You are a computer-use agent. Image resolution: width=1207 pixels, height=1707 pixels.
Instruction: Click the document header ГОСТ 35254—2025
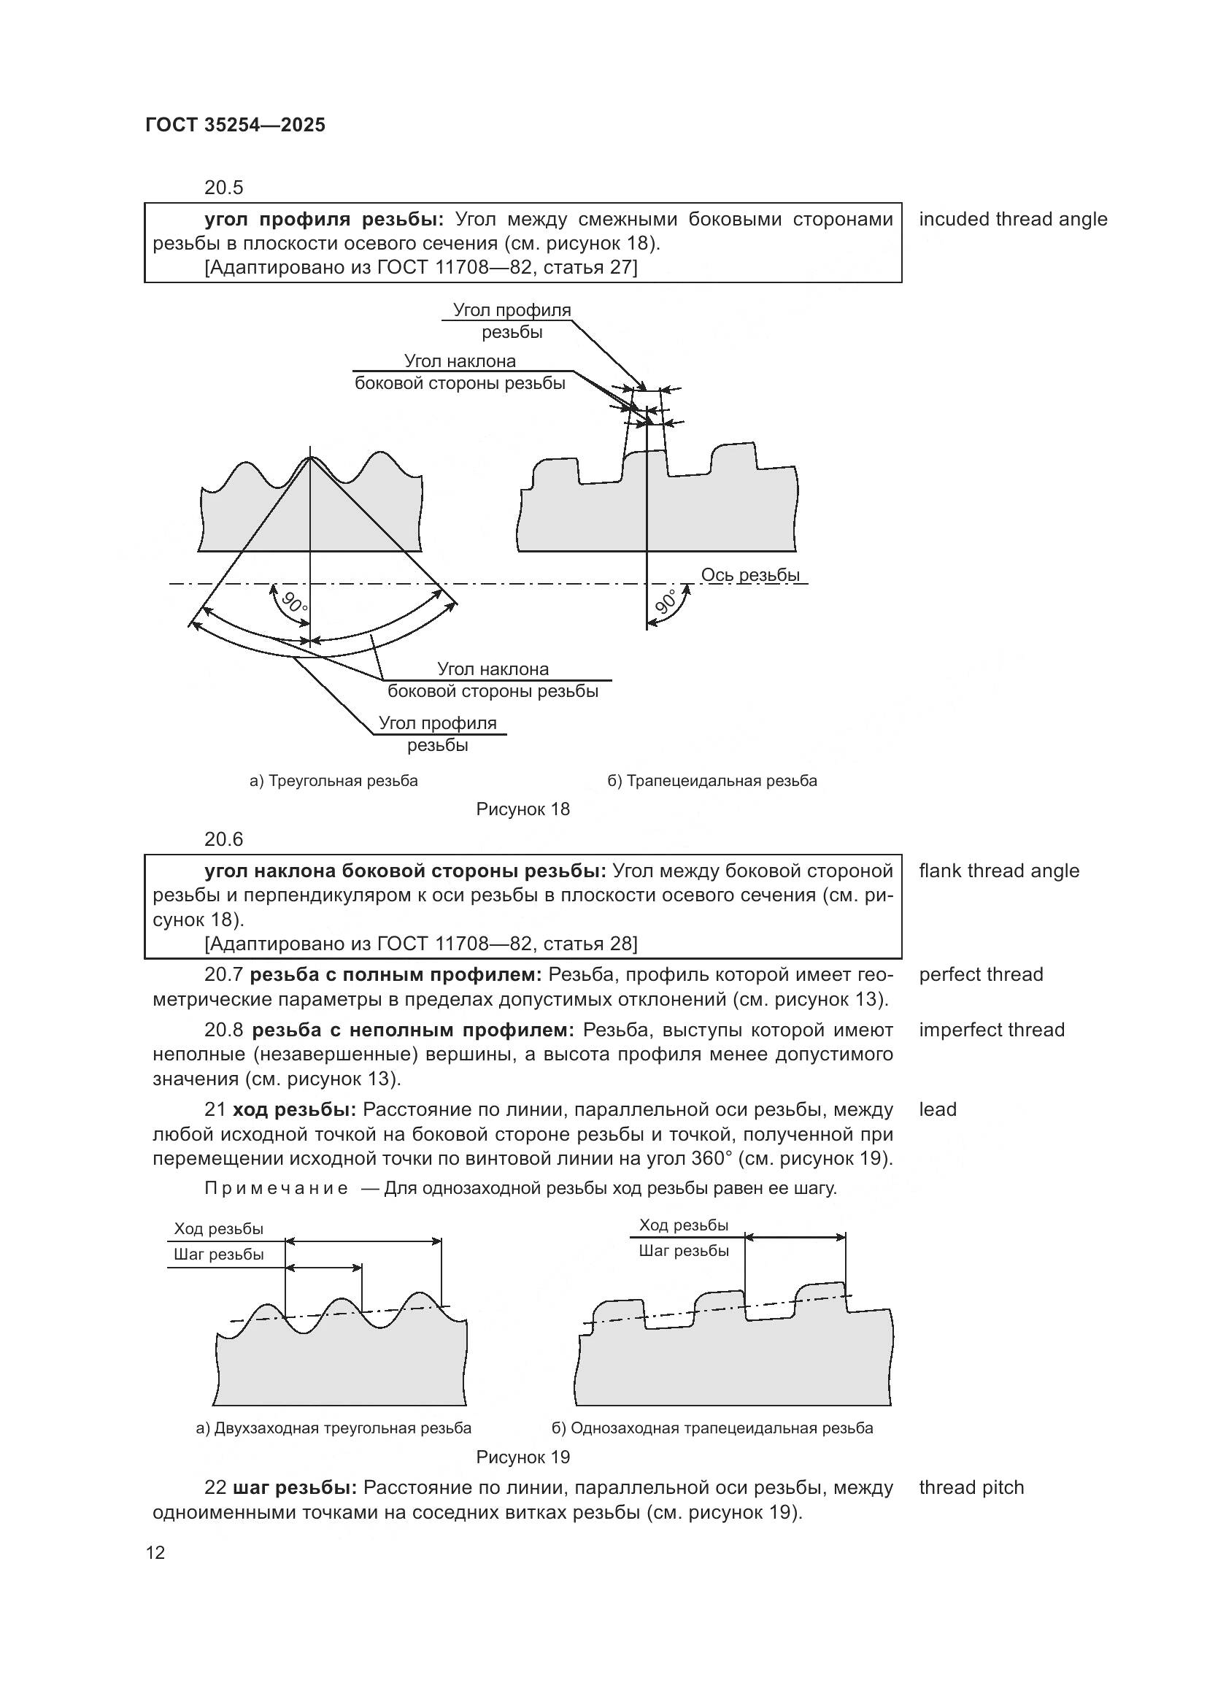click(x=236, y=125)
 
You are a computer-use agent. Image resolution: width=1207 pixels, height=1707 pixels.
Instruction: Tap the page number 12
click(x=155, y=1552)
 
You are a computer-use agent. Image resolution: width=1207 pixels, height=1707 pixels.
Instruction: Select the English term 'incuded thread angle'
click(x=1012, y=220)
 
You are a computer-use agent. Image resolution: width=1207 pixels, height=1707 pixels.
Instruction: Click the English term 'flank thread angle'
click(x=998, y=871)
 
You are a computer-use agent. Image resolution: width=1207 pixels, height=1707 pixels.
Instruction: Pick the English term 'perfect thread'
click(x=980, y=974)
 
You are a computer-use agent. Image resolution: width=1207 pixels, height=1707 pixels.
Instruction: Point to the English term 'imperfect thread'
click(x=992, y=1030)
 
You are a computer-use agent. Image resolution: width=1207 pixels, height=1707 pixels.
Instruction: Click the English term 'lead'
click(x=937, y=1109)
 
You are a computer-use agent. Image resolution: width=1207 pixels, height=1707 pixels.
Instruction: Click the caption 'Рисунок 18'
click(x=522, y=809)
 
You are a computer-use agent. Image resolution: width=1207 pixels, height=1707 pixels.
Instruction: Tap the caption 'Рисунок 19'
click(x=522, y=1457)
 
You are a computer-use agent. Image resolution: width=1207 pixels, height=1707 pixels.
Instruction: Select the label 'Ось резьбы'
click(x=750, y=574)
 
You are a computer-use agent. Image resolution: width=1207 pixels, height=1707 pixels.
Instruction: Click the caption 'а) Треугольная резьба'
click(x=333, y=781)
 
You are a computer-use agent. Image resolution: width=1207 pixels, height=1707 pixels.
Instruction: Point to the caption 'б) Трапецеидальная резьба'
click(x=712, y=781)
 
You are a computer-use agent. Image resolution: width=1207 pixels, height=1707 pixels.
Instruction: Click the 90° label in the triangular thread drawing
click(x=294, y=600)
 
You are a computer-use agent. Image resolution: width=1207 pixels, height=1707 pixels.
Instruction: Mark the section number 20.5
click(x=224, y=188)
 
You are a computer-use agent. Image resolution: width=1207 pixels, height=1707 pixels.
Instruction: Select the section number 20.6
click(x=224, y=839)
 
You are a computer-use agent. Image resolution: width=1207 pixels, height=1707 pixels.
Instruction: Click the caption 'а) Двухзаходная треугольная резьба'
click(x=333, y=1427)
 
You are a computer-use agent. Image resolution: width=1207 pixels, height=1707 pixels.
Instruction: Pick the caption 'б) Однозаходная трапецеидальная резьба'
click(x=712, y=1427)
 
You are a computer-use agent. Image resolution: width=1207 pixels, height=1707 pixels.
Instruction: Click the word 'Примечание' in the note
click(x=277, y=1188)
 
